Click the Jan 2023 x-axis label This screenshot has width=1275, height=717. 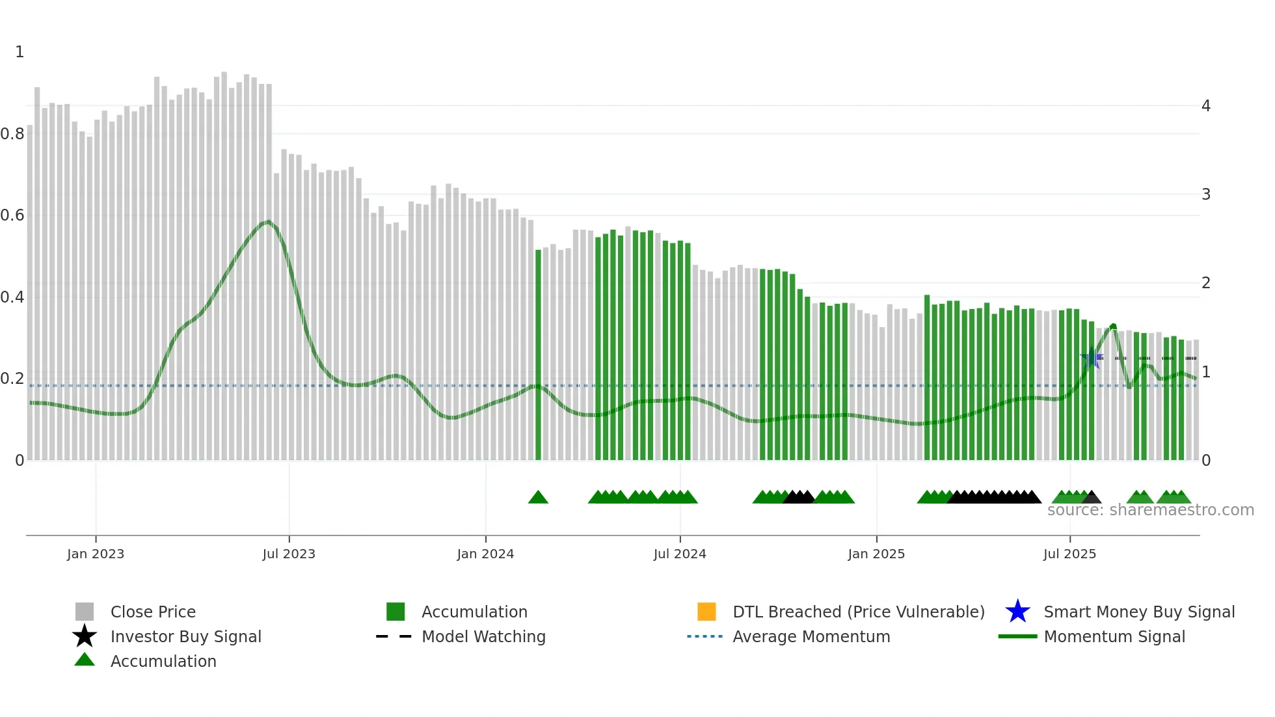(x=96, y=554)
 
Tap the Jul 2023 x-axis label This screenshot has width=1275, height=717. (x=289, y=554)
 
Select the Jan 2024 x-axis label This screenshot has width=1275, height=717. (x=485, y=554)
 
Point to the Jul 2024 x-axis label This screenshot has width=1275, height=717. (x=680, y=554)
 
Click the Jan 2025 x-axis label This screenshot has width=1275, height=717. (x=876, y=554)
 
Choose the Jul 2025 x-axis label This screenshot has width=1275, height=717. (x=1069, y=554)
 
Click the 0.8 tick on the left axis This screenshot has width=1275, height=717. (x=12, y=134)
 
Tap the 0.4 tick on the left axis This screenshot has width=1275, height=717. (x=12, y=297)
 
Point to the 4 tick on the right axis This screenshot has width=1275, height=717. (x=1206, y=105)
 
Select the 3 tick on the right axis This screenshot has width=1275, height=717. (x=1206, y=195)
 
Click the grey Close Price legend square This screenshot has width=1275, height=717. (x=85, y=612)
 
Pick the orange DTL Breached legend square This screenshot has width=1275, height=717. (x=706, y=612)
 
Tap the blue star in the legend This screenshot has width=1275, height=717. (x=1017, y=612)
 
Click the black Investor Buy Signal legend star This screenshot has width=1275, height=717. (x=85, y=636)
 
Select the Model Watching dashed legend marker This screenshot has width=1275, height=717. (x=394, y=636)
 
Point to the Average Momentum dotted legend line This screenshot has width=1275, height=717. (x=705, y=636)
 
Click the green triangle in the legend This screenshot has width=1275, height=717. (x=85, y=660)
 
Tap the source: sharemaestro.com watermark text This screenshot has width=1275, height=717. (x=1150, y=510)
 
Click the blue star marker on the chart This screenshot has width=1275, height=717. (x=1091, y=358)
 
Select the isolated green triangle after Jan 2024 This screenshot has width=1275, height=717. (x=538, y=498)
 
